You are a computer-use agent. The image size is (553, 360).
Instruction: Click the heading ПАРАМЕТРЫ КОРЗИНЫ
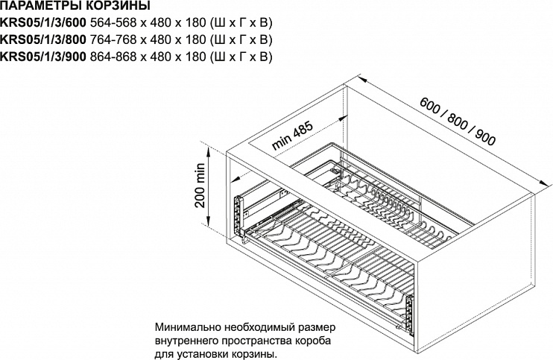[75, 6]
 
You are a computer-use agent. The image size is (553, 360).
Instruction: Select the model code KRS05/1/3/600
[43, 23]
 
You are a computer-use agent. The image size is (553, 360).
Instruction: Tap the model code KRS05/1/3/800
[43, 40]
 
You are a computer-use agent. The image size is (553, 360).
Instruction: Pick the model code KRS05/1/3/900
[43, 57]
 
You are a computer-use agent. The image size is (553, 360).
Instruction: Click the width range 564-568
[113, 23]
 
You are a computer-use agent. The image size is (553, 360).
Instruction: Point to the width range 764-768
[113, 40]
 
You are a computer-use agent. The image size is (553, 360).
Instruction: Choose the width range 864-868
[113, 57]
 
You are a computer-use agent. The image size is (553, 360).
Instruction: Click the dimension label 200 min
[200, 185]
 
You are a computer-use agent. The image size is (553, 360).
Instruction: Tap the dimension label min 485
[292, 136]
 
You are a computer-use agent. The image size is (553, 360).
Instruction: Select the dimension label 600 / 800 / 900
[458, 121]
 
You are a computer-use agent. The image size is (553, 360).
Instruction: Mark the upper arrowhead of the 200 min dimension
[209, 151]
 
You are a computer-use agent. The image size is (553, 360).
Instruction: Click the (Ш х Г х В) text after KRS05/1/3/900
[241, 57]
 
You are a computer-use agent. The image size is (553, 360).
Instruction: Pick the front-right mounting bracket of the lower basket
[409, 313]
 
